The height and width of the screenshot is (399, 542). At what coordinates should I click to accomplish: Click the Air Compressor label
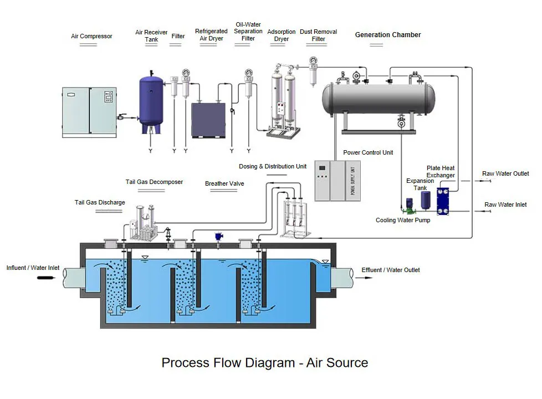(91, 37)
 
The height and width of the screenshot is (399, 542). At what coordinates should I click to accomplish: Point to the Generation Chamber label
(387, 35)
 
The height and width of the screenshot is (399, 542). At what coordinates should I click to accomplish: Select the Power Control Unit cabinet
(337, 181)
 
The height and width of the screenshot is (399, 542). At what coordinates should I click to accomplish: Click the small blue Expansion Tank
(425, 201)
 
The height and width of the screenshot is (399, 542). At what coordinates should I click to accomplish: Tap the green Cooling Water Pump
(409, 210)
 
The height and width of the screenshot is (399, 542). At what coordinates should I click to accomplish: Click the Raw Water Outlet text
(505, 174)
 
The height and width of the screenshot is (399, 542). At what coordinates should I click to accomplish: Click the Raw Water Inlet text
(505, 205)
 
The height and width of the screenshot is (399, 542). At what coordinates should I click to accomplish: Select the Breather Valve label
(224, 184)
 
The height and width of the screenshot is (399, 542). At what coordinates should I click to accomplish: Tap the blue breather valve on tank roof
(219, 236)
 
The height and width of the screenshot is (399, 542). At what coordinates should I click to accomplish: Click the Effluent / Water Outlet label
(390, 270)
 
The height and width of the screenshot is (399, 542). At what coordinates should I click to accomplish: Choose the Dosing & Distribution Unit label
(273, 167)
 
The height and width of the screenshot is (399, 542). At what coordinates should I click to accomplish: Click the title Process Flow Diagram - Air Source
(264, 363)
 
